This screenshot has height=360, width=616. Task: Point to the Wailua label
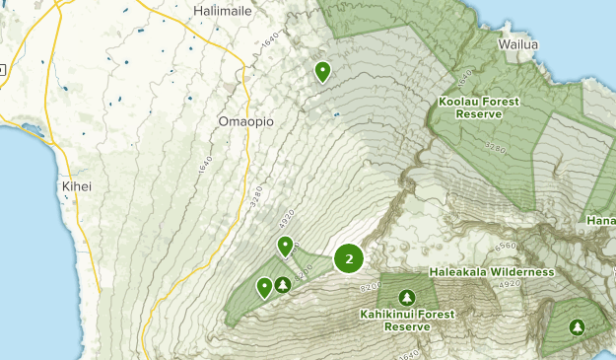[518, 44]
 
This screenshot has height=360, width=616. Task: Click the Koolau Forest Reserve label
[479, 108]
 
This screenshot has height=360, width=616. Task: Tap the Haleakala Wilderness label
[492, 271]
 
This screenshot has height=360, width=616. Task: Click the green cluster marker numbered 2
[349, 258]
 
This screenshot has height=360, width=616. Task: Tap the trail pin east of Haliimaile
[322, 71]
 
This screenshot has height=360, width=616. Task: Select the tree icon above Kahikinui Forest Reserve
[406, 297]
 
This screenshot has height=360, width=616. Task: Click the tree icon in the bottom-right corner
[577, 327]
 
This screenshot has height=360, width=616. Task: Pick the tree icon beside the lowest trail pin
[284, 285]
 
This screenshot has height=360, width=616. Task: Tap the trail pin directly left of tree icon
[264, 287]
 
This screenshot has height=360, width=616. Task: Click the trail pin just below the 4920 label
[285, 246]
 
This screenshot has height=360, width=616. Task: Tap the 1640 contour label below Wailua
[466, 77]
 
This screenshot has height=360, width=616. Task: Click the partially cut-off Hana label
[600, 219]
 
